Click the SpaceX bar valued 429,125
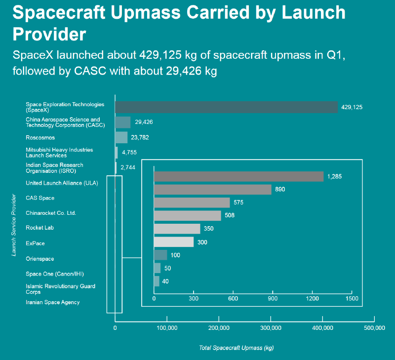point(226,107)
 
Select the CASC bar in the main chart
point(122,122)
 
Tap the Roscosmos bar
point(121,137)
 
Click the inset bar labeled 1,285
point(238,176)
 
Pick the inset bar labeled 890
point(212,189)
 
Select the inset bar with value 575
point(192,202)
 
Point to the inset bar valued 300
point(174,242)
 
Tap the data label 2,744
point(128,168)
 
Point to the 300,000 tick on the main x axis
point(271,327)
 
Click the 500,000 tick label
point(374,327)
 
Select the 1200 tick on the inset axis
point(312,299)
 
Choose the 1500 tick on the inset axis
point(352,299)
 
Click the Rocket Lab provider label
point(39,228)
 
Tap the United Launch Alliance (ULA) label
point(62,183)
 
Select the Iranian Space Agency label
point(52,302)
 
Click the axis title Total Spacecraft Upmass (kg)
point(236,348)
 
